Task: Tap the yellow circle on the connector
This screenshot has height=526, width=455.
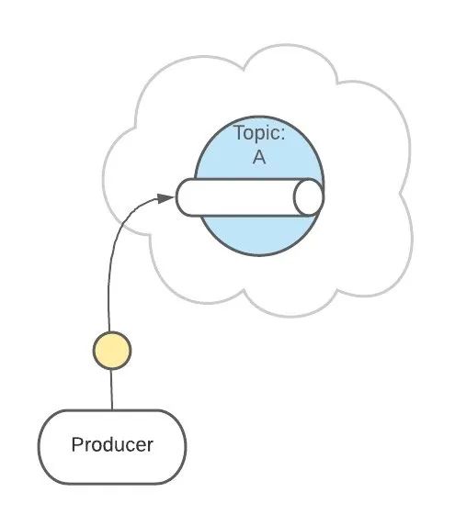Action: pyautogui.click(x=112, y=350)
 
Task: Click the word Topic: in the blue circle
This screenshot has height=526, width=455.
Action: pyautogui.click(x=259, y=133)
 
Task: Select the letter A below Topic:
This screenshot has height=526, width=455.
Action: pyautogui.click(x=259, y=157)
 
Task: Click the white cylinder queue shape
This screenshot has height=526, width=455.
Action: pyautogui.click(x=244, y=197)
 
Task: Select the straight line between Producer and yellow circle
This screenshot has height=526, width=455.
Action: pyautogui.click(x=111, y=389)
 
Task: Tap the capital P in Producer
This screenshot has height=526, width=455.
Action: pyautogui.click(x=76, y=446)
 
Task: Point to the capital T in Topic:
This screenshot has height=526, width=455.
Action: pyautogui.click(x=238, y=133)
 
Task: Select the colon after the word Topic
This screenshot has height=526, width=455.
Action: pyautogui.click(x=282, y=134)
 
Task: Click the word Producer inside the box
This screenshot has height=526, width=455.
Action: pyautogui.click(x=112, y=446)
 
